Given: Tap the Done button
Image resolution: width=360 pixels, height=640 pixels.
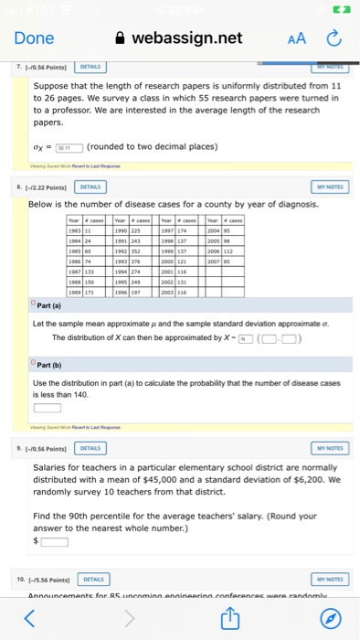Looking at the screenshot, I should (34, 38).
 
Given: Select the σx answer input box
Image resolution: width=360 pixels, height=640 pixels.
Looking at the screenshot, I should (69, 147).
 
